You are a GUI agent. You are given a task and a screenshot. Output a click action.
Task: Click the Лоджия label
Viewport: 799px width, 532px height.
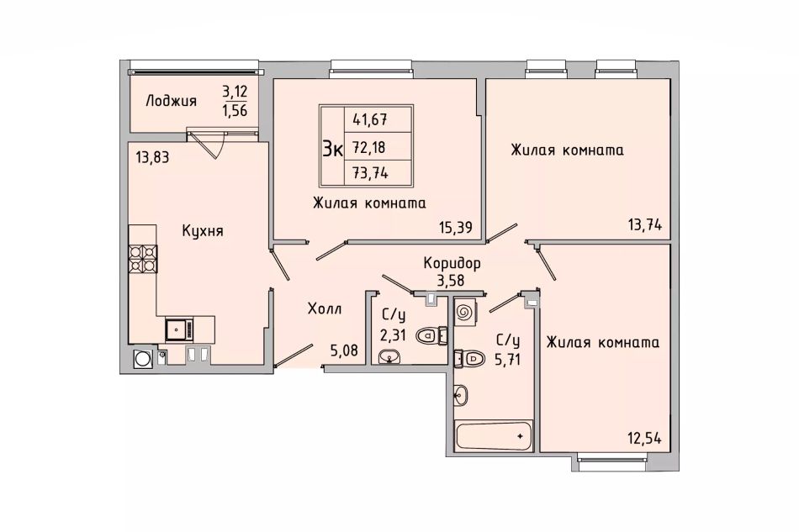coord(171,102)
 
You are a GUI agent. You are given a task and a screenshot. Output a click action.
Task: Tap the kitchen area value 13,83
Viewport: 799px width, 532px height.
coord(152,158)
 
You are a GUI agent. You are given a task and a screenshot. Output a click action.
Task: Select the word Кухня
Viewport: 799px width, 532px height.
coord(203,231)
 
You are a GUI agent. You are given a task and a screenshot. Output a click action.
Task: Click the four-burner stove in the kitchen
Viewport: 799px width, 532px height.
coord(143,260)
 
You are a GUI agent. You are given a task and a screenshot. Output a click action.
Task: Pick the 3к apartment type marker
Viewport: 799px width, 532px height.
coord(332,149)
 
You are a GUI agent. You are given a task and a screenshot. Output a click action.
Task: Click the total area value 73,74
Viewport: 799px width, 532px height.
coord(370,173)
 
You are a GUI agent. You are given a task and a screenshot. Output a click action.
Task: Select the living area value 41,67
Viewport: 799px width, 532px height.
coord(370,120)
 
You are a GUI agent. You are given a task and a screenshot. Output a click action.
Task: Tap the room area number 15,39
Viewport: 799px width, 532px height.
coord(456,227)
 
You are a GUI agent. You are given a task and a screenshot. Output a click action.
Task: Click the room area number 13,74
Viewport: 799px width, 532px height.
coord(645,224)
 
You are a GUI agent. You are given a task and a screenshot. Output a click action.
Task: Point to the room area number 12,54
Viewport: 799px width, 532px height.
coord(644,437)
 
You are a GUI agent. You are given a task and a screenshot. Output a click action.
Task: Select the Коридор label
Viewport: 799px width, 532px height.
coord(452,263)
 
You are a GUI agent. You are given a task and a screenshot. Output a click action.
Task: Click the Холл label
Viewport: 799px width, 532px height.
coord(325,308)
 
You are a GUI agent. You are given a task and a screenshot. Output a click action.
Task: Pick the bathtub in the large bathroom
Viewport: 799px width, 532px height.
coord(493,436)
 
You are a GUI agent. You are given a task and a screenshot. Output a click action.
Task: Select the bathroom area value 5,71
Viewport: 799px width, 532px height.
coord(507,360)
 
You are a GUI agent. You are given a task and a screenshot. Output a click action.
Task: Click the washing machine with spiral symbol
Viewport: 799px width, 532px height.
coord(465,312)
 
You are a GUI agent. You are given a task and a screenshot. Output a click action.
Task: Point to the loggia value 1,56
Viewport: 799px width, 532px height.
coord(235,110)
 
